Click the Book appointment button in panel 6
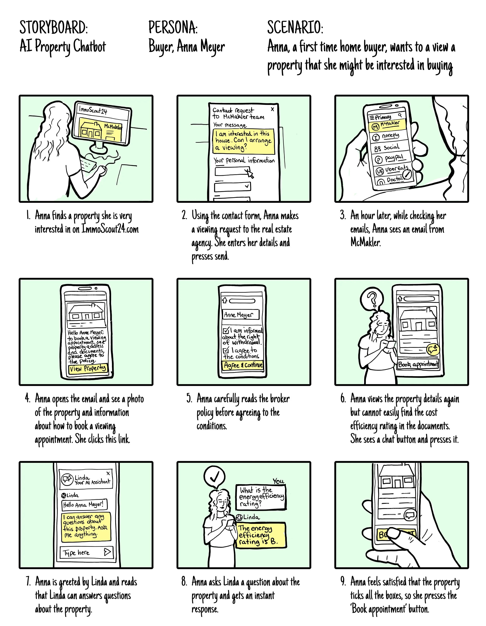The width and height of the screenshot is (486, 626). click(x=418, y=364)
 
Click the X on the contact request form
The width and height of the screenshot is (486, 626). click(x=272, y=109)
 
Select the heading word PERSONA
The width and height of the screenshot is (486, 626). click(x=173, y=28)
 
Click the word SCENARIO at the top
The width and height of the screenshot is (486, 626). click(x=295, y=28)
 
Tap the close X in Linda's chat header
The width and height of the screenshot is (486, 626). click(x=108, y=473)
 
